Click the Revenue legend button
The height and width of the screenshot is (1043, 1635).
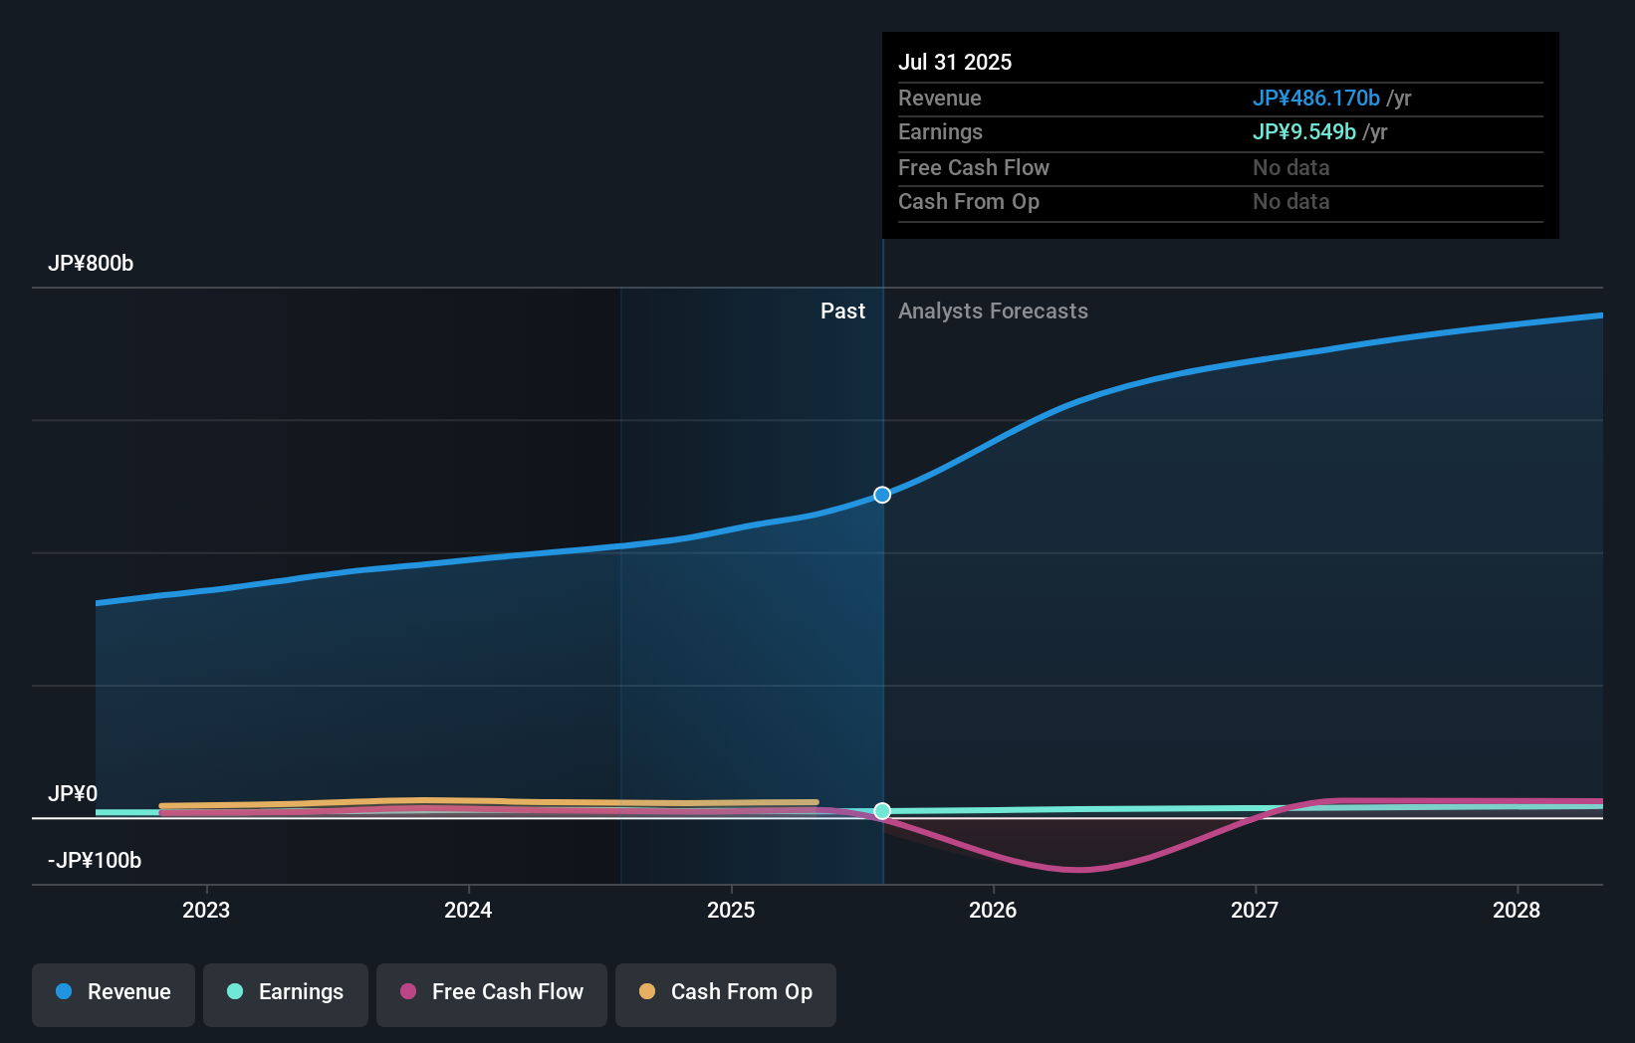click(114, 992)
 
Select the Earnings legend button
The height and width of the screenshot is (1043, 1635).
click(286, 992)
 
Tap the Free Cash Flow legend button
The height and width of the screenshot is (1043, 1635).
click(492, 992)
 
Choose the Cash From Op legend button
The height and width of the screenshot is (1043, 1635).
click(726, 992)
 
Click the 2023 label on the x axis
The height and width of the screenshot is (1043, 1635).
click(206, 910)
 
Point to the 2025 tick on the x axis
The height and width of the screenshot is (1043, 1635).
click(731, 910)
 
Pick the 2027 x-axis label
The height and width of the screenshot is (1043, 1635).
click(1255, 910)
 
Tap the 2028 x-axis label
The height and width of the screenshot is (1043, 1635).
click(1517, 910)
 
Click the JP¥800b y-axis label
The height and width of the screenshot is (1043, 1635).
click(91, 264)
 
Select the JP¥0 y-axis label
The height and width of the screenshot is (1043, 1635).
click(73, 794)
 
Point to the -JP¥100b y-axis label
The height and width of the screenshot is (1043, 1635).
click(95, 861)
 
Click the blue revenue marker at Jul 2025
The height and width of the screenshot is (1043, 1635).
click(882, 495)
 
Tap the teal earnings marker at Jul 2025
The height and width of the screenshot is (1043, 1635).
click(882, 811)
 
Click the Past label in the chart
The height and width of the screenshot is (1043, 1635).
click(842, 312)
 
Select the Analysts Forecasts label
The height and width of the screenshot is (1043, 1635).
click(993, 312)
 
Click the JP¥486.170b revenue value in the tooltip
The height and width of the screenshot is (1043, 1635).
click(1315, 99)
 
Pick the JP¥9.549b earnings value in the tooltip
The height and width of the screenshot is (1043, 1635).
click(1303, 132)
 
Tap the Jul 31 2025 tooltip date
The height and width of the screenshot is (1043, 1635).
click(955, 63)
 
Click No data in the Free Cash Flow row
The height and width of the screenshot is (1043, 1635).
click(1290, 168)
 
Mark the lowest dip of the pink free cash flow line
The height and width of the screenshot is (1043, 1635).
click(1078, 870)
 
